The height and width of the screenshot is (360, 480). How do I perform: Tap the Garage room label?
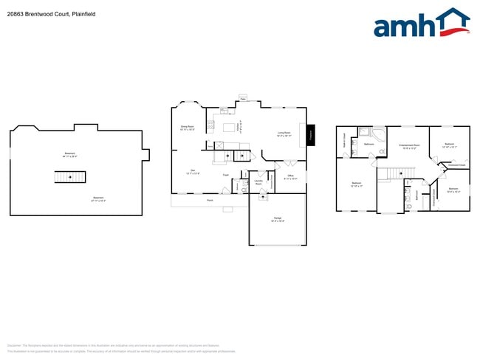tap(278, 219)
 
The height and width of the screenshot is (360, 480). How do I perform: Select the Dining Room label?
tap(188, 128)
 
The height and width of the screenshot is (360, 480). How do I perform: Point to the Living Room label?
tap(284, 134)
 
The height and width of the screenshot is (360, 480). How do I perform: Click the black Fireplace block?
tap(311, 134)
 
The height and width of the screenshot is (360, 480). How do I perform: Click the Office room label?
tap(291, 177)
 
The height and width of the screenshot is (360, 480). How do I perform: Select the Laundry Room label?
tap(258, 181)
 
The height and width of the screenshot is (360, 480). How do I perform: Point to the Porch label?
tap(209, 199)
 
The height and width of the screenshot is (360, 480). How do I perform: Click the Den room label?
tap(192, 172)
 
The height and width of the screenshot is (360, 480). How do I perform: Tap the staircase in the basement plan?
tap(70, 177)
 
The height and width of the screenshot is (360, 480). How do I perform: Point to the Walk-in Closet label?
tap(344, 139)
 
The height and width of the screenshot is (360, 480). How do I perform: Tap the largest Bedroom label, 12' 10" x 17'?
tap(356, 184)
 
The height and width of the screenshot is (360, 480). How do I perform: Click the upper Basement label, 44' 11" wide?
tap(72, 155)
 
